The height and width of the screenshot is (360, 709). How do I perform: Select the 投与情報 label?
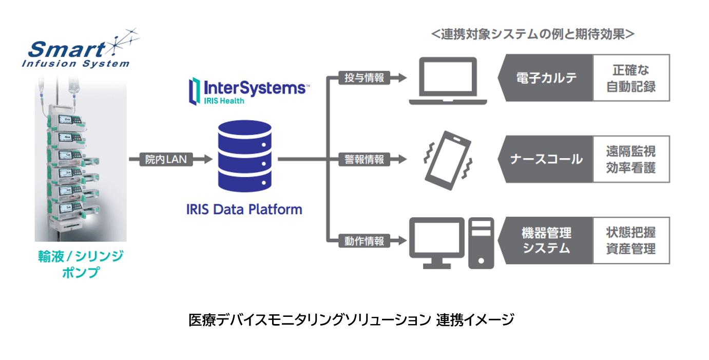coord(364,78)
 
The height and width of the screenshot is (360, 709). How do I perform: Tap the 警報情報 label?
coord(364,159)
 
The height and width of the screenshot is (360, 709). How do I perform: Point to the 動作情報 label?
coord(364,240)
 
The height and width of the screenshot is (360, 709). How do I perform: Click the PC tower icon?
coord(481,243)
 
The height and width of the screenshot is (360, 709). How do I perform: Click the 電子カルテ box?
coord(546,78)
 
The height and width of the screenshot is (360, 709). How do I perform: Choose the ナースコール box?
coord(546,159)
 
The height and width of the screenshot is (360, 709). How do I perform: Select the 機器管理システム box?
coord(546,241)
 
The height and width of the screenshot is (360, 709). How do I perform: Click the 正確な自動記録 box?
coord(631,78)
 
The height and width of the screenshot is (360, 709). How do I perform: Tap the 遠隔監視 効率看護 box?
coord(631,159)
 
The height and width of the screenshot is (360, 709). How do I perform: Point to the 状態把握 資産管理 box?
coord(631,241)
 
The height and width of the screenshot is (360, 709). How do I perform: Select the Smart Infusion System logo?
coord(77,51)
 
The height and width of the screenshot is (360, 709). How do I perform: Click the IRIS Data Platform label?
coord(244,210)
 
